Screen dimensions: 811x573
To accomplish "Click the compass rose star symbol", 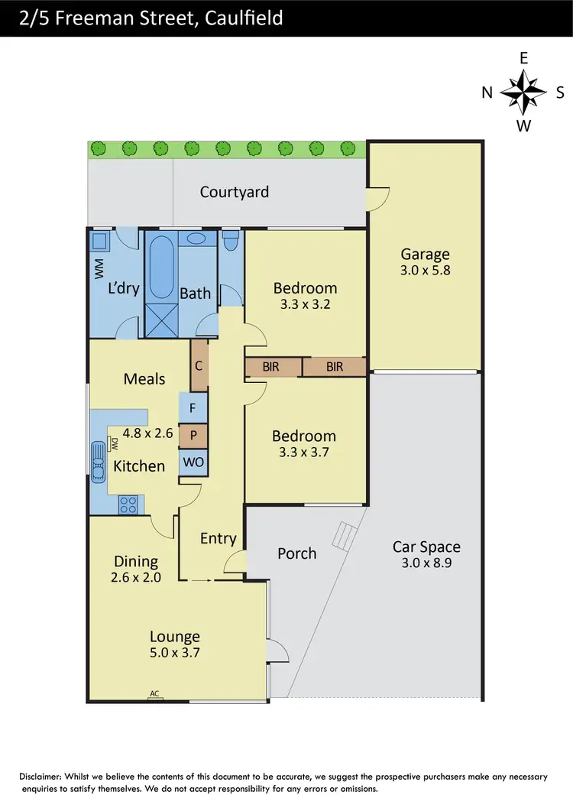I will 523,92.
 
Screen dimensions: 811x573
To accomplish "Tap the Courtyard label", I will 234,192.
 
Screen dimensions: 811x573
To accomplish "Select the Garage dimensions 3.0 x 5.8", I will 426,270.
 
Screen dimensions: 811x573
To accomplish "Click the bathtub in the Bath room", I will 160,268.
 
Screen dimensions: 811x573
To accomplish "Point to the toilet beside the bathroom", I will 231,243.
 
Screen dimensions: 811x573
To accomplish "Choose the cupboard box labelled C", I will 199,365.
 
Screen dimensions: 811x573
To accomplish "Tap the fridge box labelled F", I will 193,407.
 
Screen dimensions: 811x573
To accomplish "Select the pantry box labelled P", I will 193,435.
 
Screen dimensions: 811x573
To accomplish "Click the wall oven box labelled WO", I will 193,462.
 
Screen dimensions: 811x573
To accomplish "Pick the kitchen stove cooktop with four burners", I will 128,504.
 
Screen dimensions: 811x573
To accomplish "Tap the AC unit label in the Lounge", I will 154,694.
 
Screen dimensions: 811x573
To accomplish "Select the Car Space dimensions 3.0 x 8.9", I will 426,563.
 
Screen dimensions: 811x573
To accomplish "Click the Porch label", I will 296,553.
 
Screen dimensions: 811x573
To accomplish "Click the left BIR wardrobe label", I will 270,367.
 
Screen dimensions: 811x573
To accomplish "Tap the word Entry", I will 218,539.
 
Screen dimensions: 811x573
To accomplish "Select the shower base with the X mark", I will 160,322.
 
